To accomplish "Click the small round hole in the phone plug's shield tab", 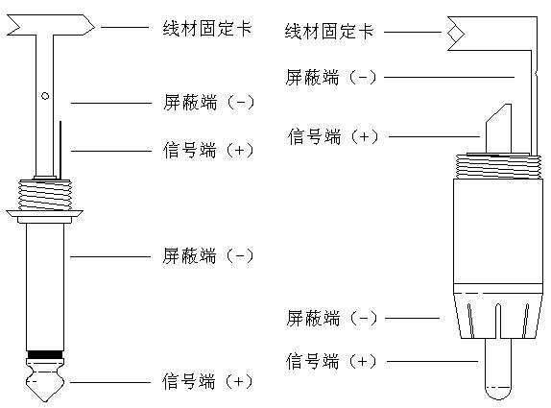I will point(44,95).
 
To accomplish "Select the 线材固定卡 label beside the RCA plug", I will point(329,32).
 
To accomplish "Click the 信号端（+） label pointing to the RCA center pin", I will point(331,362).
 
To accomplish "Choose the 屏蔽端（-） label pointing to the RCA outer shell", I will point(331,318).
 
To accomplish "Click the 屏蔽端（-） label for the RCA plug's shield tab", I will point(331,78).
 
